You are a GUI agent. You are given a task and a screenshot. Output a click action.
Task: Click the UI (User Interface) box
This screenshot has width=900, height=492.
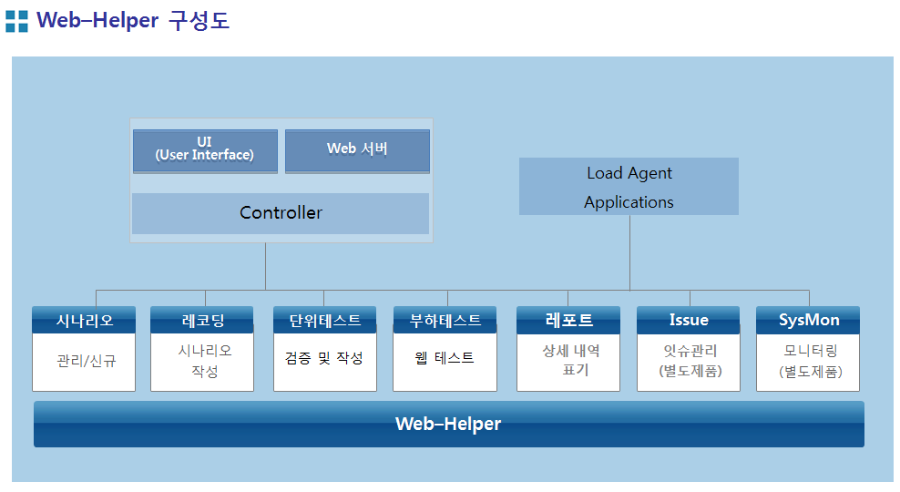206,151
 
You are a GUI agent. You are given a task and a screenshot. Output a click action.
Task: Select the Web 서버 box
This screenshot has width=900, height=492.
357,151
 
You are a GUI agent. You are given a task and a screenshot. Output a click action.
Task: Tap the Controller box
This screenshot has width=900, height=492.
281,213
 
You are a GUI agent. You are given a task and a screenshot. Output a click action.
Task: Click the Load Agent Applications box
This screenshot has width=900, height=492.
629,187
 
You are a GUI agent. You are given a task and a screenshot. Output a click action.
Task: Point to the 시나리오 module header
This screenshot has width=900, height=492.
84,320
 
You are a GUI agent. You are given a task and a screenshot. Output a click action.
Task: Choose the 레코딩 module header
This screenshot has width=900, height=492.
202,320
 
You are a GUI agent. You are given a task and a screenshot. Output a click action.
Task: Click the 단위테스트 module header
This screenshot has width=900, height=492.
325,320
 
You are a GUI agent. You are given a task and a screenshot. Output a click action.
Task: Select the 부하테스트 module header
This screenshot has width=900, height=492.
445,320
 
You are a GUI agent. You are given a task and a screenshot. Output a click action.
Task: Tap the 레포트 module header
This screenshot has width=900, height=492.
568,320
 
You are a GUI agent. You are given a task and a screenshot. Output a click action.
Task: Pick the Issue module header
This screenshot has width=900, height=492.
688,320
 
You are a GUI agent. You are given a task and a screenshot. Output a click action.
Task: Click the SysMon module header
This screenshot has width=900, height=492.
808,320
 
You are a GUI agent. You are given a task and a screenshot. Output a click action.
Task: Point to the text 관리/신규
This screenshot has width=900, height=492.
87,361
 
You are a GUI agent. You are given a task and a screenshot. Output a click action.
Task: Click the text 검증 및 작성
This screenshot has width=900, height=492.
324,358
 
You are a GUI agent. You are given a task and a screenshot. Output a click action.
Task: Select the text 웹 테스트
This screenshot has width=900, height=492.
445,358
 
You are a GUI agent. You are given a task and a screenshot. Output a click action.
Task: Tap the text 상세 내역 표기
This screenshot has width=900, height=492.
571,360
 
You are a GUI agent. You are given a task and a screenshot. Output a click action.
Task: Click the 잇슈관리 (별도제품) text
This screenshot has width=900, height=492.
690,361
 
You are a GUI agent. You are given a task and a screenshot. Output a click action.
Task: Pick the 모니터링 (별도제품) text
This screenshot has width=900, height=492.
811,361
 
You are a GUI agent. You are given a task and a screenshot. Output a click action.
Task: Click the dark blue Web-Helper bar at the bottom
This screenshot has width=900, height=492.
449,424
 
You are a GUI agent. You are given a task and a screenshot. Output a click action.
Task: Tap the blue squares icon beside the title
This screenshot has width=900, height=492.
16,21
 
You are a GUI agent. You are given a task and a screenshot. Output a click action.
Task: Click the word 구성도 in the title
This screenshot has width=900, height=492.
199,21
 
